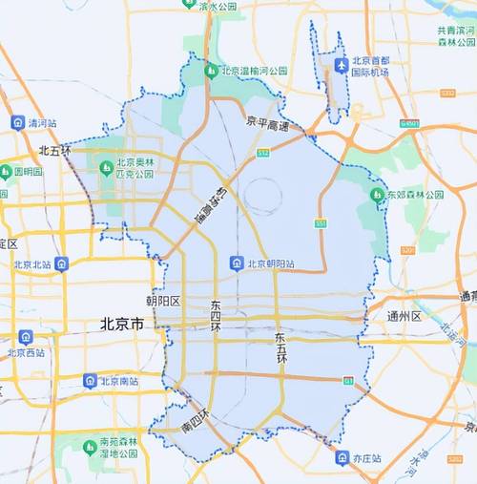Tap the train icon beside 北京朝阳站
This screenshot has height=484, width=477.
(236, 263)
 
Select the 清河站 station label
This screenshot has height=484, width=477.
(42, 123)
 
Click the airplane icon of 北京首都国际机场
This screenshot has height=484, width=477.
(342, 65)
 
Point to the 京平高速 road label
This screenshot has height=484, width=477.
(266, 122)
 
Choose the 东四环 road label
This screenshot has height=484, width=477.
(218, 314)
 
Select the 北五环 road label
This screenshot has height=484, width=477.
(55, 151)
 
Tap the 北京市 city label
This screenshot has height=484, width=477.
(121, 325)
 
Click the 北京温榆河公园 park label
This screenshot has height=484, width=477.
(254, 71)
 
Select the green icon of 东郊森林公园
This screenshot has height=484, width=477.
(377, 196)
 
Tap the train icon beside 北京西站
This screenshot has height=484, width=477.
(25, 337)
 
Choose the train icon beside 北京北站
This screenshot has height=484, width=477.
(61, 263)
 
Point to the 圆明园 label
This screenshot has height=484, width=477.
(26, 172)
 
